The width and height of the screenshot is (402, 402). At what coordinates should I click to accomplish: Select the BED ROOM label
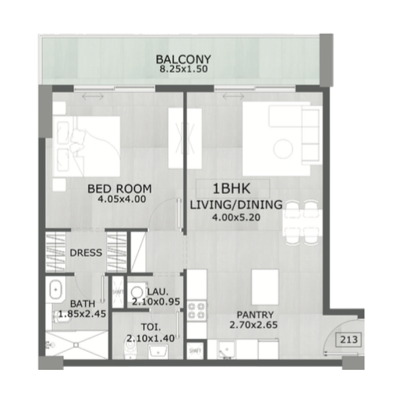click(120, 189)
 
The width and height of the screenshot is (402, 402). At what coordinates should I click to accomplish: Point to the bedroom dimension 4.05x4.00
click(122, 198)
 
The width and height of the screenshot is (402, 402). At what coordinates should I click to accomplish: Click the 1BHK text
click(229, 189)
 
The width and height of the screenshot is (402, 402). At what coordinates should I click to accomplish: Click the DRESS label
click(85, 253)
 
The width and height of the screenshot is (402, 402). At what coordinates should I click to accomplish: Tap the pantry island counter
click(265, 284)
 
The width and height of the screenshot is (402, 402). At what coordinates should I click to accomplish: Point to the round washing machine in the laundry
click(136, 291)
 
